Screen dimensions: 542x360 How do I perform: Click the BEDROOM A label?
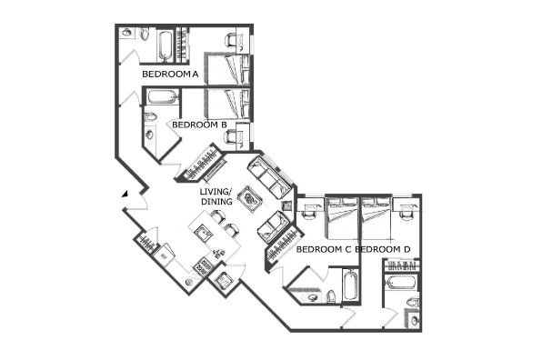click(x=170, y=74)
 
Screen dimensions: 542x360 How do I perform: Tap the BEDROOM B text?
click(x=199, y=125)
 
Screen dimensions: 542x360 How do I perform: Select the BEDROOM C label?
click(x=324, y=249)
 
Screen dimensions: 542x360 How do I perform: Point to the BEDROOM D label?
click(x=383, y=249)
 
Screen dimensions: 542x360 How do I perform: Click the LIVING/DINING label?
click(x=216, y=196)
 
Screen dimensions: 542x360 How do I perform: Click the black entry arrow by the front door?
click(x=125, y=194)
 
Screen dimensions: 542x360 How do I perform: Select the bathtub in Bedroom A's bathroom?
click(x=166, y=46)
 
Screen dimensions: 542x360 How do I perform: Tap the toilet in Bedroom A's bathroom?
click(x=145, y=34)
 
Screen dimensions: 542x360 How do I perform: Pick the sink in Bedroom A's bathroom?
click(x=125, y=33)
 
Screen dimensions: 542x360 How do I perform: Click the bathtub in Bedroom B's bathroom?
click(x=161, y=96)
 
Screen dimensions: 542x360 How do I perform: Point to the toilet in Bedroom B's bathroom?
click(x=150, y=116)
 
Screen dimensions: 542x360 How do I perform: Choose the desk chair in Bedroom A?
click(x=230, y=40)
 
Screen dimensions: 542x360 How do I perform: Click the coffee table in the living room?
click(x=251, y=200)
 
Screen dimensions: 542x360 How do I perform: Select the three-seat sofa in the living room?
click(x=269, y=178)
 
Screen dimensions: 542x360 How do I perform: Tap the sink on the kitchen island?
click(x=204, y=234)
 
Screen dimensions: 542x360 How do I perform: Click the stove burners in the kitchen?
click(x=202, y=265)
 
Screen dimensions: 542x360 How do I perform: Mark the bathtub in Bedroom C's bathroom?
click(x=350, y=285)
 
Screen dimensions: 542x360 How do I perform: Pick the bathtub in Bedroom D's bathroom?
click(x=401, y=282)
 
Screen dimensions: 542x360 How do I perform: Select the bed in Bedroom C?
click(x=341, y=218)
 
